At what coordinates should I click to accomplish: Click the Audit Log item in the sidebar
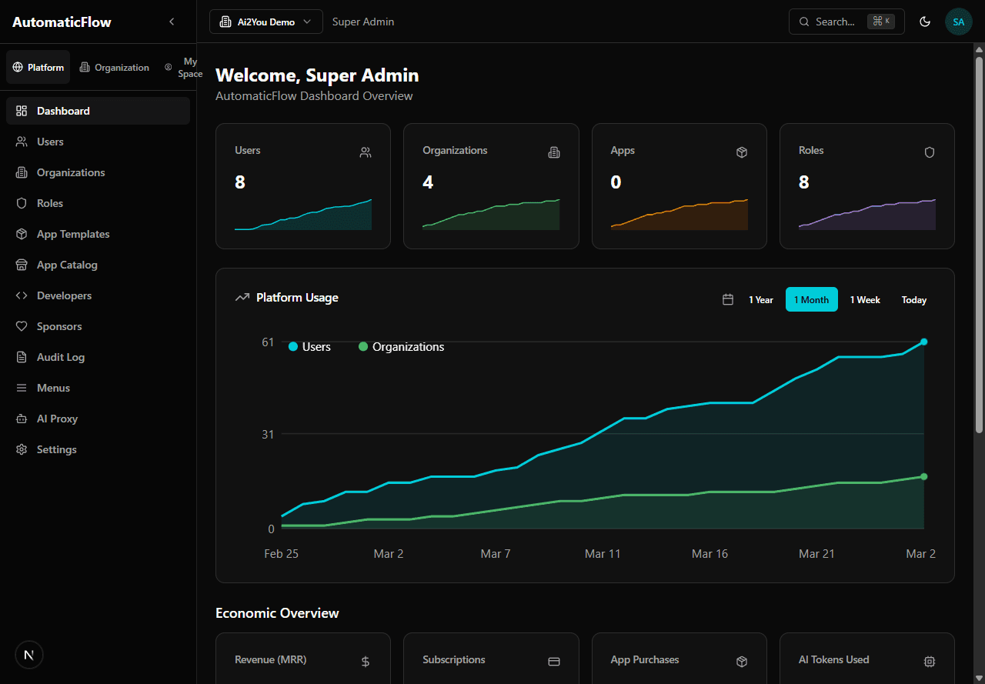pos(60,357)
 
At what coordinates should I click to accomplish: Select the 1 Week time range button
pos(865,299)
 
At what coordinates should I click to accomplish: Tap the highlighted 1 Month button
pos(811,299)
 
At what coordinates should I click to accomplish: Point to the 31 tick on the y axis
pos(268,434)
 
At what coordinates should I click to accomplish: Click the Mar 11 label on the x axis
pos(602,554)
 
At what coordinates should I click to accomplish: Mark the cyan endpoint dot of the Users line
pos(923,342)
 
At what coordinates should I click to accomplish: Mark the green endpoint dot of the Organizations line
pos(923,476)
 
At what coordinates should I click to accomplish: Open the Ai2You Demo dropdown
pos(265,22)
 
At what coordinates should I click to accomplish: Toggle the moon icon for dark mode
pos(925,22)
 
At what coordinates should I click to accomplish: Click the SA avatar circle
pos(958,22)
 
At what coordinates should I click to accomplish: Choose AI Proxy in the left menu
pos(57,419)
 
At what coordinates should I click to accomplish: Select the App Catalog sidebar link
pos(67,265)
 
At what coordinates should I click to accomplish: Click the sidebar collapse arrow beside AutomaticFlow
pos(172,22)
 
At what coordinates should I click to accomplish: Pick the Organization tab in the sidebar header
pos(115,68)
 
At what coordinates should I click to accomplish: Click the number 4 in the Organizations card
pos(428,182)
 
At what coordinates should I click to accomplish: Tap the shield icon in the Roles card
pos(929,152)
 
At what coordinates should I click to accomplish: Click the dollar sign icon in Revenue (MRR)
pos(365,662)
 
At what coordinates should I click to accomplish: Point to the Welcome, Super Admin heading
pos(317,75)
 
